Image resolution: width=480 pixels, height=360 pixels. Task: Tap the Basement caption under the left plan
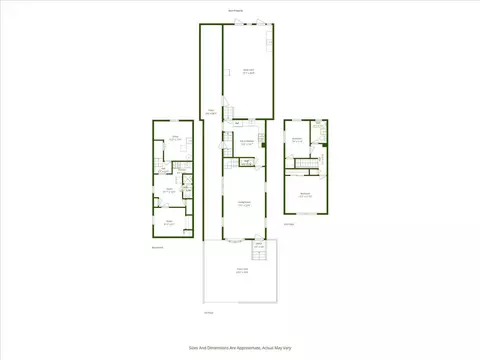pyautogui.click(x=157, y=248)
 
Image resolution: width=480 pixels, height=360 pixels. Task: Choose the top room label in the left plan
pyautogui.click(x=174, y=138)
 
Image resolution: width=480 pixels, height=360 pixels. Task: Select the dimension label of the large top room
pyautogui.click(x=248, y=71)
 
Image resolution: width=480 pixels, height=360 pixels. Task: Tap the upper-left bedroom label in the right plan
pyautogui.click(x=297, y=140)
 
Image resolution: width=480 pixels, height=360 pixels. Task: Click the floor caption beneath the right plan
pyautogui.click(x=288, y=224)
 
